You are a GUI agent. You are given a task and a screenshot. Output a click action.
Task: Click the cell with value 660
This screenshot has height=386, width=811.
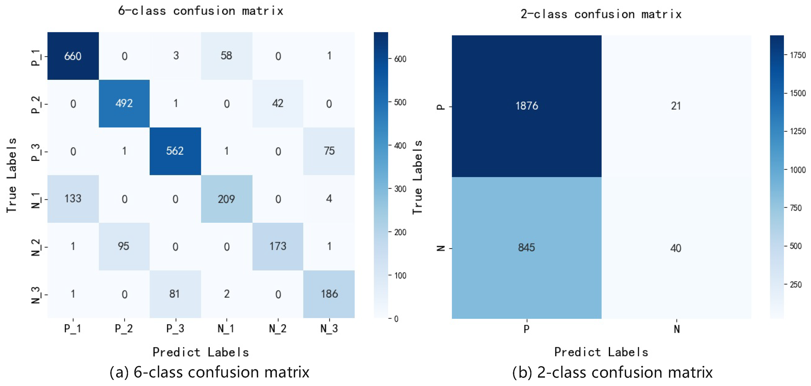(73, 56)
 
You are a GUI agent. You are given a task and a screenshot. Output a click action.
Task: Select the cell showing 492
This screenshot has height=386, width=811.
(124, 103)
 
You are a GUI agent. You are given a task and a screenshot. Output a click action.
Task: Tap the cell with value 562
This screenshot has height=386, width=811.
(175, 151)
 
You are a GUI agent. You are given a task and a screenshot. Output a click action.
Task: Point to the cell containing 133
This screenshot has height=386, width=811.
(73, 199)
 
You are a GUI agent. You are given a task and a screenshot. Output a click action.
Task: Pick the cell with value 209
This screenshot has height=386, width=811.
(226, 199)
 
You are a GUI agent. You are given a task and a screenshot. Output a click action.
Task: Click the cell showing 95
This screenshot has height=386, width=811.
(124, 246)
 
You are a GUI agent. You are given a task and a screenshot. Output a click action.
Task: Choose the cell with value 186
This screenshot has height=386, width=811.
(329, 294)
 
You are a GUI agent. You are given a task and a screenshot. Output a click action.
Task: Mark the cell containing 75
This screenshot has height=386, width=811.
(329, 151)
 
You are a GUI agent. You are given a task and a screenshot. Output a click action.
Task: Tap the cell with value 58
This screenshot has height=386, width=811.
(226, 56)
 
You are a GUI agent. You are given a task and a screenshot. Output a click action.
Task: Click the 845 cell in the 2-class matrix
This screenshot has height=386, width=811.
(526, 248)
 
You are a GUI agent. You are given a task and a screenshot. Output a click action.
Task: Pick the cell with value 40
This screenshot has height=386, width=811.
(676, 248)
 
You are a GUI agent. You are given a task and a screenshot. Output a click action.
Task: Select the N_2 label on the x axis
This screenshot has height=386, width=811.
(278, 329)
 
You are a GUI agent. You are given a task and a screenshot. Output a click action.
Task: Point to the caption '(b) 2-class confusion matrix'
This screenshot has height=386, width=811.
(612, 372)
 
